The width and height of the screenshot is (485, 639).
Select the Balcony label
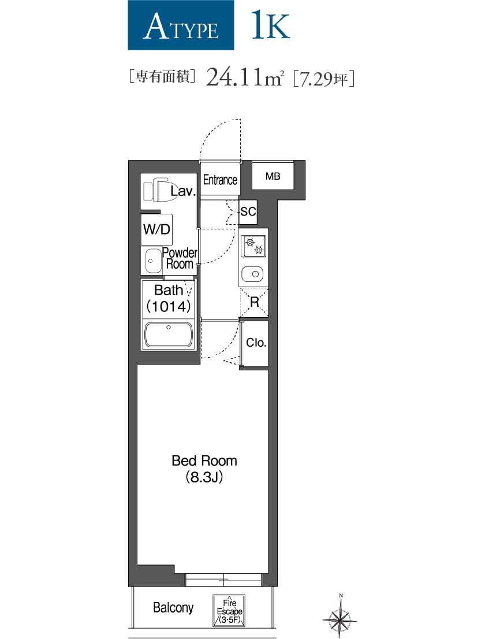pos(173,608)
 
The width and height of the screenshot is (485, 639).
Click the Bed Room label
pos(204,460)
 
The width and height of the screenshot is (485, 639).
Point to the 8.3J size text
pos(204,478)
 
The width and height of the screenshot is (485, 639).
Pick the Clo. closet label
pos(256,343)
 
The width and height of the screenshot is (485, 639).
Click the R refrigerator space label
pos(254,302)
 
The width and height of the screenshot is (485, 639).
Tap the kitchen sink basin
pos(253,273)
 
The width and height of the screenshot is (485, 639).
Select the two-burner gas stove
pos(253,247)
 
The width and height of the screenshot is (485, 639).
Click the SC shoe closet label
pos(248,212)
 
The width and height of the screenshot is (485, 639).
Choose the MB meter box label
pos(273,176)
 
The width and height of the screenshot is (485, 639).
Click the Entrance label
pos(220,180)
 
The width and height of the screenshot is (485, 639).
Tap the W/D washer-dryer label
pos(156,229)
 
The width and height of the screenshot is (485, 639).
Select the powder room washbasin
pos(152,261)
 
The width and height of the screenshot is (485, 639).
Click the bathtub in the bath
pos(169,335)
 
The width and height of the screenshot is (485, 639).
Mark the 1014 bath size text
pos(169,306)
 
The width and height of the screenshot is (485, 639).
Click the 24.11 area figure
pos(234,76)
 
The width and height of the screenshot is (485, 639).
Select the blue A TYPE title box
pos(181,25)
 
